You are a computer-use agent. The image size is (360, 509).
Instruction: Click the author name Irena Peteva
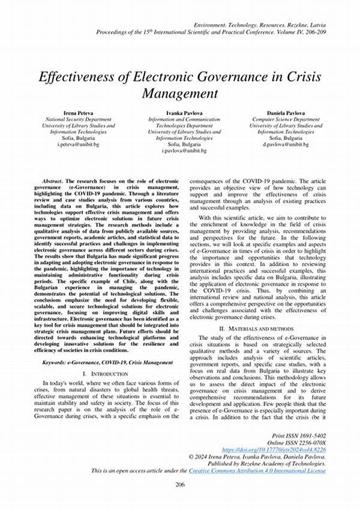(82, 112)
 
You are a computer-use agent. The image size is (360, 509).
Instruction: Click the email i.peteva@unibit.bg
(82, 145)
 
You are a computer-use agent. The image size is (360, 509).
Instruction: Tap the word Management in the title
(180, 94)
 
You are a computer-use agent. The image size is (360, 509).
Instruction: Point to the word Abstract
(52, 181)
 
